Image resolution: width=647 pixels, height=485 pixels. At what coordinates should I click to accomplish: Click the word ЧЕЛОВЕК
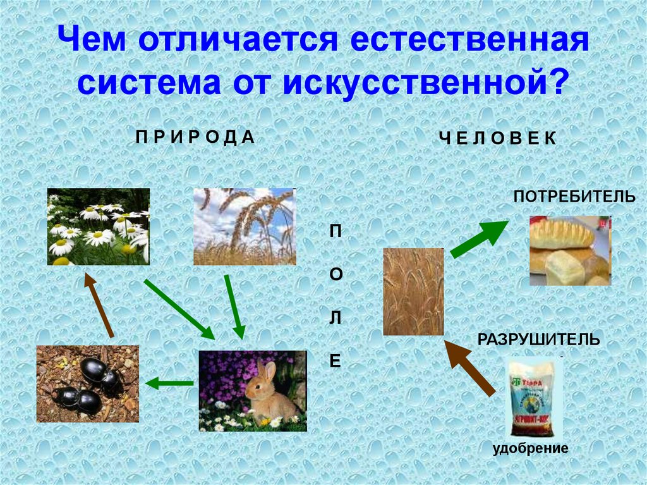coord(498,139)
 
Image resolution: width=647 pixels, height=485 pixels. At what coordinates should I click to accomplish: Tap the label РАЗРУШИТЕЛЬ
coord(539,340)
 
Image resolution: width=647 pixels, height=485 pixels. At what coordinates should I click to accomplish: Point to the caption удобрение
coord(531,448)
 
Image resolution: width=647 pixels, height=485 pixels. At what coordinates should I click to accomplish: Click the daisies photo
coord(98,226)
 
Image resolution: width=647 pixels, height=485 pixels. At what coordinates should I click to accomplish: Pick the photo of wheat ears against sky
coord(244,226)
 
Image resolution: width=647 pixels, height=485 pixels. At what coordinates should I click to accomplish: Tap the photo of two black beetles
coord(87,384)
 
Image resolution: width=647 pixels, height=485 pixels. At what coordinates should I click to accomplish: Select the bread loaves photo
coord(570,250)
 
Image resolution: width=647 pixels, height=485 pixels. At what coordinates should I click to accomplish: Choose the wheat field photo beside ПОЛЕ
coord(413,291)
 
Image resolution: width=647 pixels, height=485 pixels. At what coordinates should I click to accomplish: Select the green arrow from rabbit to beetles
coord(169,383)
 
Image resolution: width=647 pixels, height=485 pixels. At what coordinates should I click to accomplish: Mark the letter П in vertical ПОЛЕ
coord(335,231)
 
